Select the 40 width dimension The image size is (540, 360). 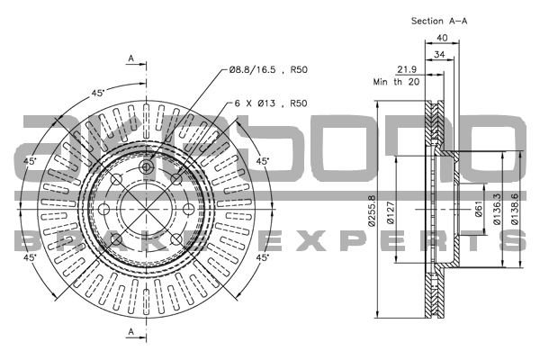coord(442,37)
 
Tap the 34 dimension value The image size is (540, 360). coord(439,56)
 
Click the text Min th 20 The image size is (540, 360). coord(396,82)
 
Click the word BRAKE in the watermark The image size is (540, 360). coord(108,241)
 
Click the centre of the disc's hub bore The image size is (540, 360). coord(148,207)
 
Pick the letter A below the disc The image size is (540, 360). coord(130,334)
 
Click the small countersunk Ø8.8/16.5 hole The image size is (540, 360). coord(148,167)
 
